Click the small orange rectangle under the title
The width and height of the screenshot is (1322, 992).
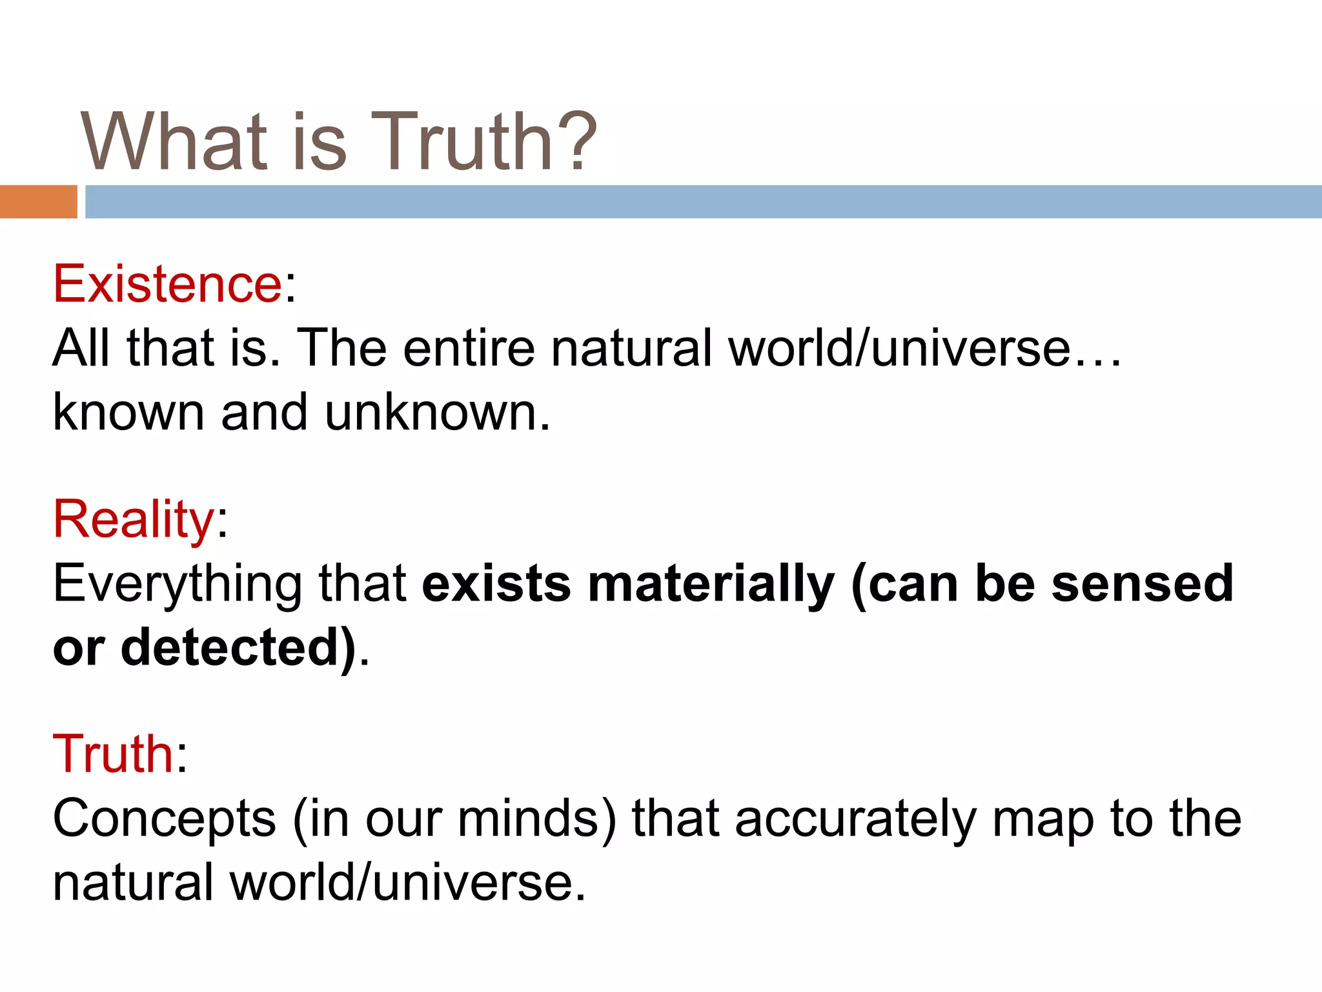38,201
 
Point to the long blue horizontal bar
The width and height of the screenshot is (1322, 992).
704,201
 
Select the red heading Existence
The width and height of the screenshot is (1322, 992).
167,284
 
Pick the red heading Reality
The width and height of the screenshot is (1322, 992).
133,519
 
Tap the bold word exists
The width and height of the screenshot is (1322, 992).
496,583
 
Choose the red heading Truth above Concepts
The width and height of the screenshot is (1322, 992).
113,754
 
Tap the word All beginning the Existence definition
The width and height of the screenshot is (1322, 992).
81,348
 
